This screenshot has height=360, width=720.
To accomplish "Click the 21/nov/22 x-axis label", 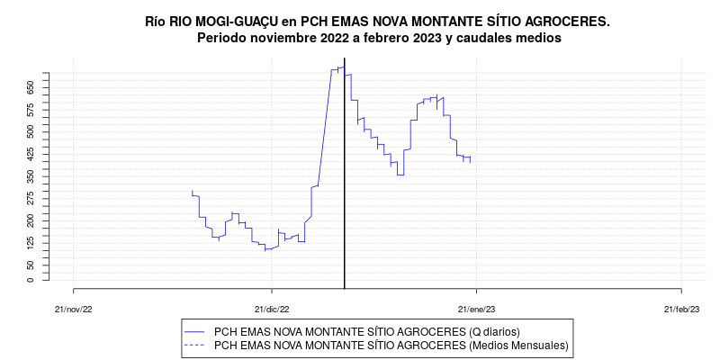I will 74,308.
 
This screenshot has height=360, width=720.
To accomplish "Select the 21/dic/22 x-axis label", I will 271,308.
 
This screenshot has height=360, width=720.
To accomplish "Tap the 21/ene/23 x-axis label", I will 476,308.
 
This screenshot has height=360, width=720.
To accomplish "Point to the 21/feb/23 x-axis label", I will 681,308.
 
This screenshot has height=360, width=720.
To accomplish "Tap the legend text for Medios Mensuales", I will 391,345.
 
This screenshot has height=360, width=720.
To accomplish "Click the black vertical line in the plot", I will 346,180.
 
